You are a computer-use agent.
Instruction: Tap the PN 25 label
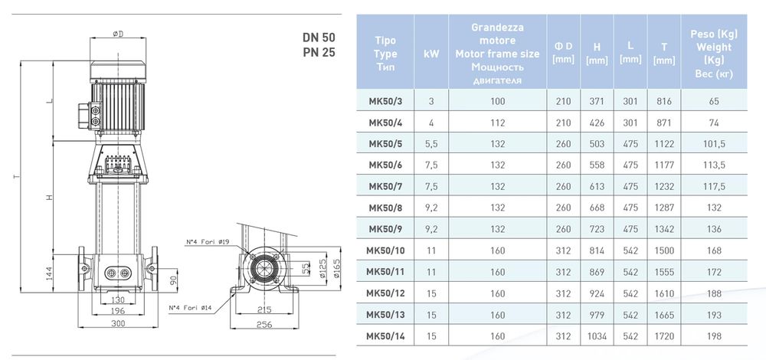(x=319, y=53)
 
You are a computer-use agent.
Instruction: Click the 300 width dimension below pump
(x=118, y=323)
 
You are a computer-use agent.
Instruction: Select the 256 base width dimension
(x=264, y=325)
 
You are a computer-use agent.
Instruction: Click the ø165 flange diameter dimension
(x=336, y=269)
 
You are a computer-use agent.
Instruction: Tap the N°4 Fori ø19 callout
(x=205, y=241)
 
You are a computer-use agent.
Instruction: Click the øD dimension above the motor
(x=118, y=33)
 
